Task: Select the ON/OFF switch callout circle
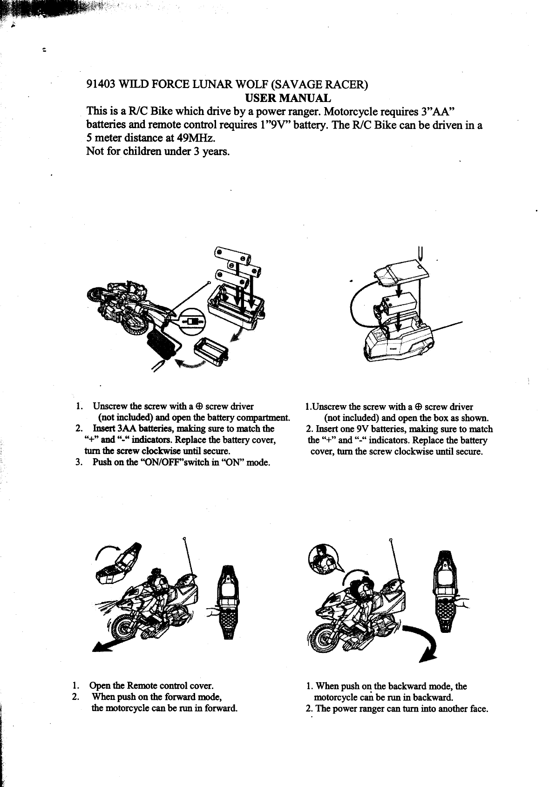[192, 322]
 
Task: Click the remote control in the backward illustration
[446, 591]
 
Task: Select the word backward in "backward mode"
[406, 686]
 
